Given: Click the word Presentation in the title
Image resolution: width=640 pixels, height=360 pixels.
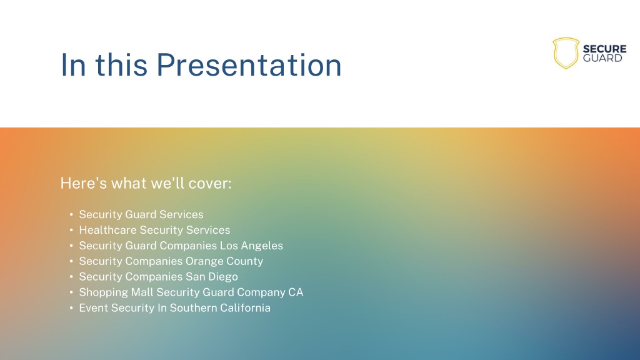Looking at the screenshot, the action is click(249, 64).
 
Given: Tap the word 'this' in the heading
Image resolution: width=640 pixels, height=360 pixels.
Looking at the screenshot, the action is click(121, 64).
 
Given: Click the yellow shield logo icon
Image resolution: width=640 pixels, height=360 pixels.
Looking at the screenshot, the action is click(566, 53).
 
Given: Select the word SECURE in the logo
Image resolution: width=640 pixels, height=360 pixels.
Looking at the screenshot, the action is click(604, 49).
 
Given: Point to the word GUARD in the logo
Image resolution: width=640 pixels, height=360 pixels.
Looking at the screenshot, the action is click(602, 58).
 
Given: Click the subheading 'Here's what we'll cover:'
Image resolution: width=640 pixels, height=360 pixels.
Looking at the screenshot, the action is click(146, 183).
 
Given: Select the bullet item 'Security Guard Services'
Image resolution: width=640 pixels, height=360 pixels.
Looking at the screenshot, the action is click(141, 214).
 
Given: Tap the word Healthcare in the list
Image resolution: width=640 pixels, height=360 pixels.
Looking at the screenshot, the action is click(107, 230).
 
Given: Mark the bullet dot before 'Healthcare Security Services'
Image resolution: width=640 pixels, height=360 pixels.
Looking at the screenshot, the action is click(71, 230).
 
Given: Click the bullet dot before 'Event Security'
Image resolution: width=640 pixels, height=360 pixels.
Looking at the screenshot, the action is click(71, 308).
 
